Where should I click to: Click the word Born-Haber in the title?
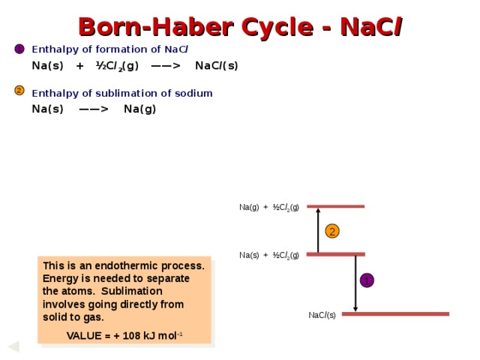156,27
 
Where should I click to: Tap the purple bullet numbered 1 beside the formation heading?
19,49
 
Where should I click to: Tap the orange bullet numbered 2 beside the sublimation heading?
19,91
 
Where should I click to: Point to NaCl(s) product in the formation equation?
217,66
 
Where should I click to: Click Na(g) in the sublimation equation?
140,109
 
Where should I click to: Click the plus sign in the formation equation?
80,66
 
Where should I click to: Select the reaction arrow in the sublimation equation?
94,109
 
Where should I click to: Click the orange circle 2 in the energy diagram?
332,231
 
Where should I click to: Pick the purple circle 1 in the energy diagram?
367,280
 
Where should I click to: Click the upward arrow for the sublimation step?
318,230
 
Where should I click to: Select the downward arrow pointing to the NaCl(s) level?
355,283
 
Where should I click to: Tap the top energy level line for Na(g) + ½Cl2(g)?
335,206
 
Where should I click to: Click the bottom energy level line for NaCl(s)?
395,313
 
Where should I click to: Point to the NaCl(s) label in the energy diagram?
322,315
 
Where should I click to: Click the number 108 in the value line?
131,336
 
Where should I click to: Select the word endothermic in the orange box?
127,265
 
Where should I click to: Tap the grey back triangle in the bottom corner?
14,346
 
